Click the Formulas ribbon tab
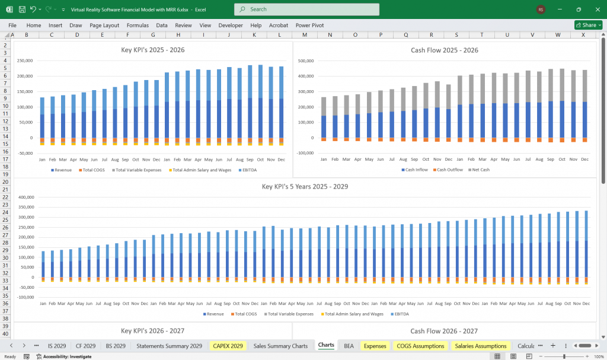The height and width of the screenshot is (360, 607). coord(138,26)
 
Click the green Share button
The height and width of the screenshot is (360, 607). coord(588,26)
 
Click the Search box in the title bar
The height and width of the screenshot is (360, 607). coord(306,9)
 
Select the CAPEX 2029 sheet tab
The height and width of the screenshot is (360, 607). coord(228,346)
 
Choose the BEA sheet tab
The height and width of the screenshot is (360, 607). coord(349,346)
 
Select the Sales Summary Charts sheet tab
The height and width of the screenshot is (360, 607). coord(280,346)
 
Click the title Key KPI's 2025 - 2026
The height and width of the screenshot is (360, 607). coord(153,50)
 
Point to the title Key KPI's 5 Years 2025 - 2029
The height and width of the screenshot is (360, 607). coord(305,186)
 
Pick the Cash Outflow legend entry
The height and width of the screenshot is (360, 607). coord(449,170)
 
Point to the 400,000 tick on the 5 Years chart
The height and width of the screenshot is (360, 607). coord(28,197)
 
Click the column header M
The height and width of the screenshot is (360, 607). coord(304,35)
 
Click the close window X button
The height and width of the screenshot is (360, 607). coord(593,9)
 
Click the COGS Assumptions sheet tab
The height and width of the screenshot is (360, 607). coord(420,346)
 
